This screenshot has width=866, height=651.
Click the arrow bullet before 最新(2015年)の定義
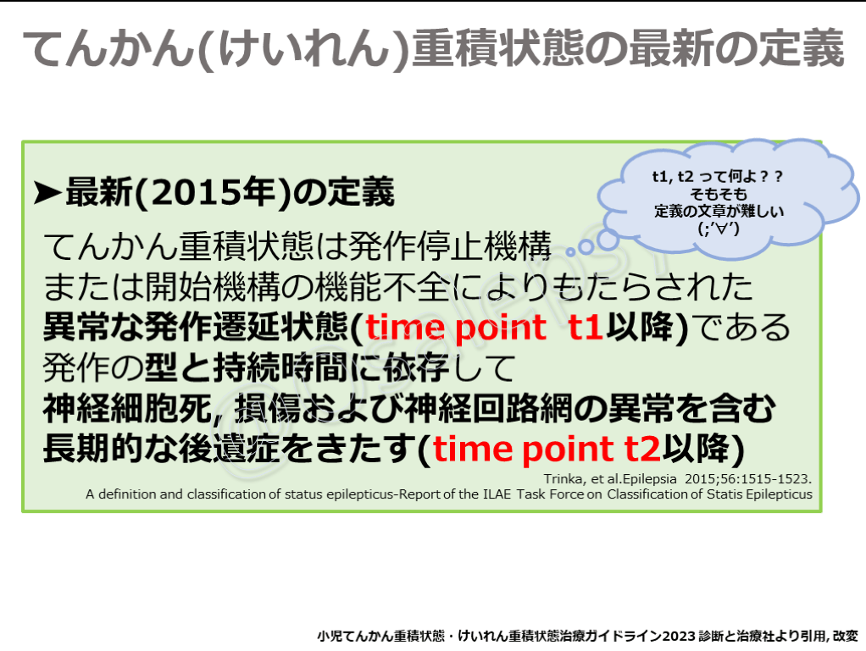tap(47, 193)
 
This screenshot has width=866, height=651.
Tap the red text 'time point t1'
tap(484, 327)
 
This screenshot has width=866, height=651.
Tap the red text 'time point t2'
tap(547, 449)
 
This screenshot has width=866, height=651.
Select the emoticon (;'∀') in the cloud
tap(719, 228)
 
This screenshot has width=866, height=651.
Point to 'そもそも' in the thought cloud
tap(718, 194)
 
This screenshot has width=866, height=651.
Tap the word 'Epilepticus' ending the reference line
tap(780, 494)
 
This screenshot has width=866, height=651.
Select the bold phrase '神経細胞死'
tap(128, 409)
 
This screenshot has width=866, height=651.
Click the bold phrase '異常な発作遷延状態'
tap(196, 327)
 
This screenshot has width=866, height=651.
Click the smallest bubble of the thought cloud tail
tap(572, 251)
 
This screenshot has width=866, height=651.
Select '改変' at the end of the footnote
tap(845, 636)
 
